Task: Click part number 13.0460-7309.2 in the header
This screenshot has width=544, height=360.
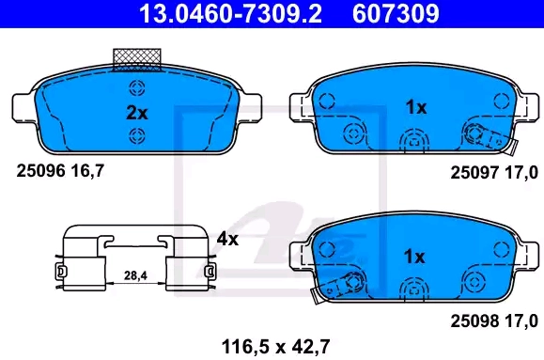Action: point(230,13)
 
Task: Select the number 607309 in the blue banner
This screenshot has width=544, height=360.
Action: point(396,13)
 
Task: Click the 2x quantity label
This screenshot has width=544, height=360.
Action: point(136,113)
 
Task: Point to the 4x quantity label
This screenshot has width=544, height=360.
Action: point(227,239)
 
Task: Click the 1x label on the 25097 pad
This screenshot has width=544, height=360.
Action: point(416,107)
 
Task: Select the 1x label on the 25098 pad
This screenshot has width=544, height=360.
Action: point(414,257)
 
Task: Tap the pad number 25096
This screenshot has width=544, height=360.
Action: point(40,171)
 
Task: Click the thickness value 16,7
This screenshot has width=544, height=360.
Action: point(87,171)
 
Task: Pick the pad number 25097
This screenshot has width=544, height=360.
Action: point(474,173)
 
